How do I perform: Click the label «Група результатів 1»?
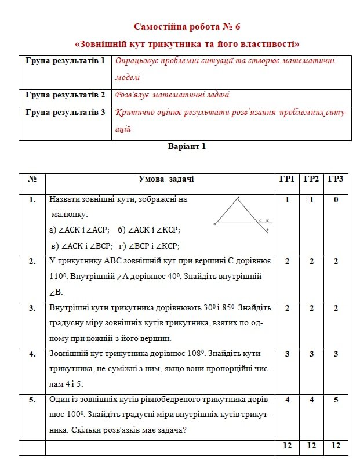pyautogui.click(x=65, y=60)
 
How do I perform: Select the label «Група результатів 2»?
pyautogui.click(x=65, y=95)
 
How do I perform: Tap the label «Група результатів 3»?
pyautogui.click(x=65, y=112)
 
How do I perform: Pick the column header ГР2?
pyautogui.click(x=311, y=179)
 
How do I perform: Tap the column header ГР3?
pyautogui.click(x=336, y=179)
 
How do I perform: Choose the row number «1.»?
pyautogui.click(x=32, y=199)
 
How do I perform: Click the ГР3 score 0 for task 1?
pyautogui.click(x=336, y=199)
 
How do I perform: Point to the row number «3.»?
pyautogui.click(x=32, y=307)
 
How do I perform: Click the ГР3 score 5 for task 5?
pyautogui.click(x=336, y=400)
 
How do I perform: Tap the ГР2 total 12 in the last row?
pyautogui.click(x=311, y=446)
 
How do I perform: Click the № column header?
pyautogui.click(x=32, y=179)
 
